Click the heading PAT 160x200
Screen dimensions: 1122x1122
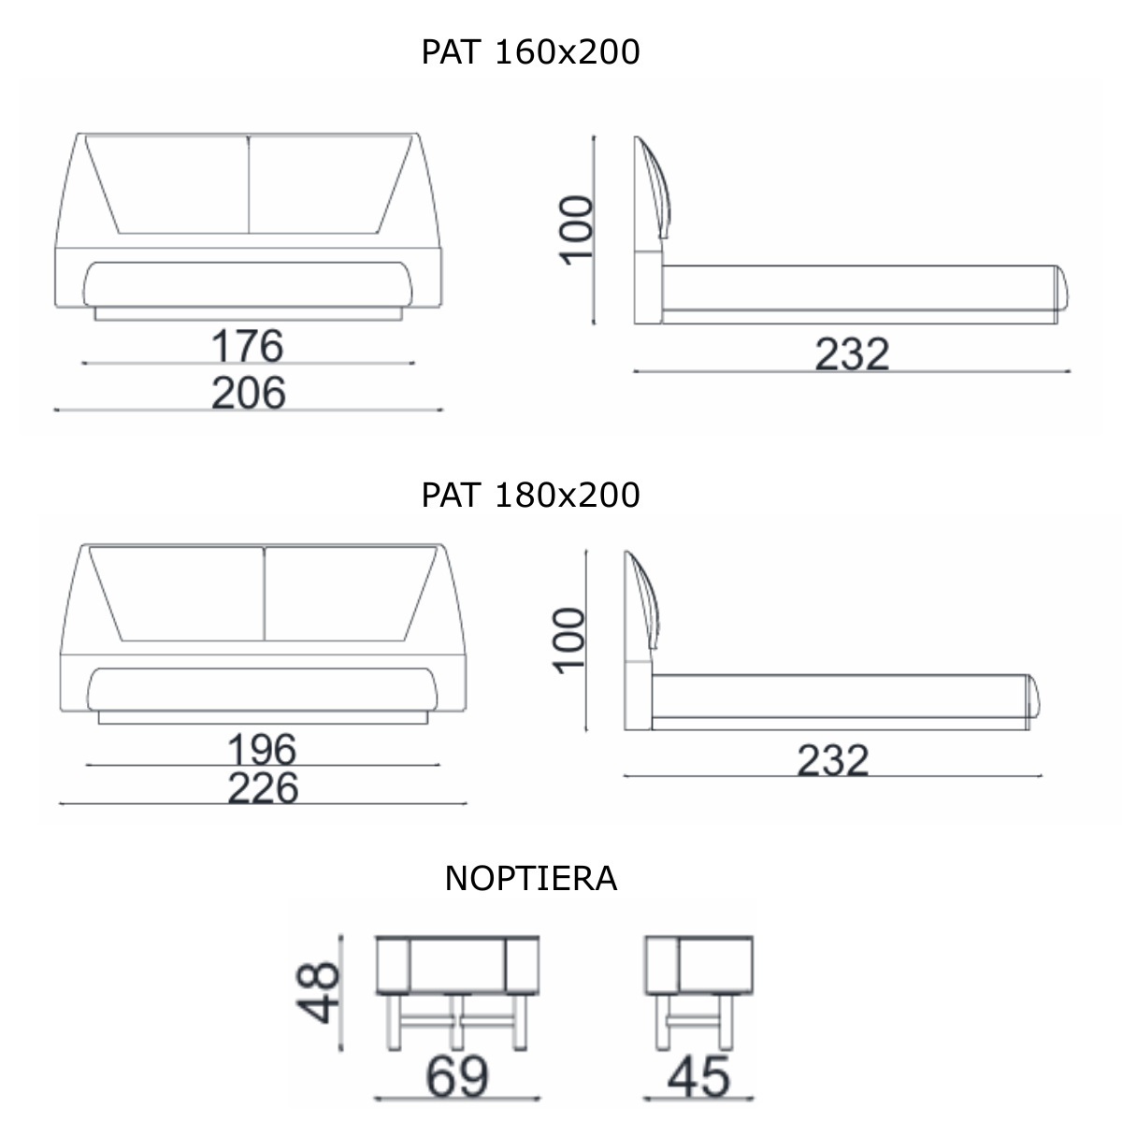pyautogui.click(x=530, y=51)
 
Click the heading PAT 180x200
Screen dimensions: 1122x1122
pyautogui.click(x=530, y=495)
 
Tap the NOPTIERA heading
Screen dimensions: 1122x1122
pyautogui.click(x=530, y=879)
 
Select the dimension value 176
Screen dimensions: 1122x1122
pyautogui.click(x=248, y=346)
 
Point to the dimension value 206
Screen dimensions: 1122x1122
pyautogui.click(x=249, y=393)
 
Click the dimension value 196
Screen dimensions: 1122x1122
pyautogui.click(x=262, y=749)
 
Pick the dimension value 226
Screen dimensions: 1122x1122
pyautogui.click(x=263, y=788)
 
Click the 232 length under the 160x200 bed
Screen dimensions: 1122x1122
pyautogui.click(x=852, y=354)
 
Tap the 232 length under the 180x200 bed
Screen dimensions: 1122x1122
pyautogui.click(x=833, y=760)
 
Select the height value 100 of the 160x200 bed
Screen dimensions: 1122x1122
pyautogui.click(x=576, y=231)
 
